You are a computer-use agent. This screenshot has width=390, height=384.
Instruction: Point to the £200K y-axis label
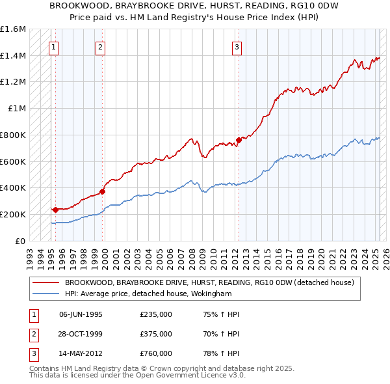(13, 214)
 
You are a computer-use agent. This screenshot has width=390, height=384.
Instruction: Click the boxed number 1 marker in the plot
(53, 46)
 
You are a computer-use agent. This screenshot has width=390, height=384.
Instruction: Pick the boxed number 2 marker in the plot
(101, 46)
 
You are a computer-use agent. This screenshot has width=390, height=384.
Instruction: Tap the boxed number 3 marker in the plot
(237, 46)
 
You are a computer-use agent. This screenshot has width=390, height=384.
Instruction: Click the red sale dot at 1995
(55, 210)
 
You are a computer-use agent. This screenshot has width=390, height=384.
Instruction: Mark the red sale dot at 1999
(103, 191)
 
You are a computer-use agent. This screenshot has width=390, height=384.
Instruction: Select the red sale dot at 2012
(239, 140)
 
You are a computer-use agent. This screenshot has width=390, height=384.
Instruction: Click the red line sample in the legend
(46, 282)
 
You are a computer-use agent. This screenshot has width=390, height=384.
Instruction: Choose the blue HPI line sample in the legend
(46, 294)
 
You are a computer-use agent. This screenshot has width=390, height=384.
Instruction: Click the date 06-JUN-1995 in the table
(81, 314)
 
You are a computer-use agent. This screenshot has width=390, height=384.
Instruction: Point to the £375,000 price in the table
(156, 334)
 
